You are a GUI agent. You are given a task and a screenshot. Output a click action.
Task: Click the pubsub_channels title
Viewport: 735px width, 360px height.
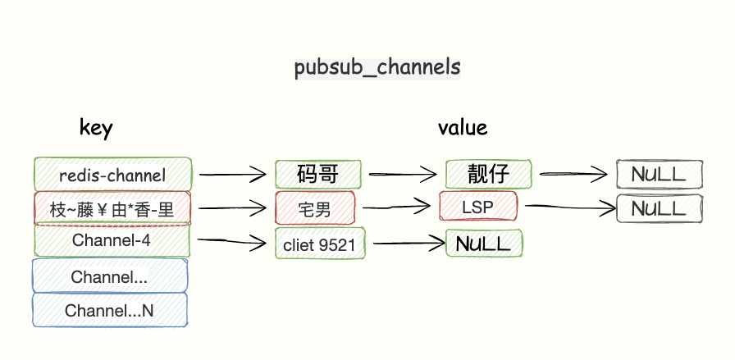(377, 68)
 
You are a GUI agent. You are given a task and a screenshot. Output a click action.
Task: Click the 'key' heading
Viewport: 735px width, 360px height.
(96, 127)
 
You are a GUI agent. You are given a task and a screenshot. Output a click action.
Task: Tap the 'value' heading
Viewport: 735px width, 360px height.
(462, 127)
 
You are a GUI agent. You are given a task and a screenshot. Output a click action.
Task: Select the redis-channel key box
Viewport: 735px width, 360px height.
(112, 175)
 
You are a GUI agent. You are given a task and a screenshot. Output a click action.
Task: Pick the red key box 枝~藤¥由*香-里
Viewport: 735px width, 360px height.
(112, 208)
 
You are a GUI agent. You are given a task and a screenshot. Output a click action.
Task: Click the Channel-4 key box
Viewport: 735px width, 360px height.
(112, 241)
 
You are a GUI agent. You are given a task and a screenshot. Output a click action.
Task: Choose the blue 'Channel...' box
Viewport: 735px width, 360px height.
(110, 276)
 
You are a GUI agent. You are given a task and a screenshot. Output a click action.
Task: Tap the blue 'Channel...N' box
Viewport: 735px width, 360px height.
(110, 311)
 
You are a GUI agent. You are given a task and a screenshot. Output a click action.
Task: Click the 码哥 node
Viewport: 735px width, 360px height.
(317, 174)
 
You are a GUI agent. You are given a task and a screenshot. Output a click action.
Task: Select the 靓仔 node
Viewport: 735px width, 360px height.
(489, 174)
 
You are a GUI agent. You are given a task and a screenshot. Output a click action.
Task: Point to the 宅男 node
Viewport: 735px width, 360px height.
(315, 209)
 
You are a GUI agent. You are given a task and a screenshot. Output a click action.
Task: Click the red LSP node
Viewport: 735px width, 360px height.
(478, 207)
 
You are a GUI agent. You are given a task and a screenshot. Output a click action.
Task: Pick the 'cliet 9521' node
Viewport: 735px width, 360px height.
(320, 244)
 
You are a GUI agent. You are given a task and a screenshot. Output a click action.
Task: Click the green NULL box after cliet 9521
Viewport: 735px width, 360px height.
(484, 244)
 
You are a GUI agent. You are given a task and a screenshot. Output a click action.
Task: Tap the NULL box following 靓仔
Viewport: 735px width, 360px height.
(660, 174)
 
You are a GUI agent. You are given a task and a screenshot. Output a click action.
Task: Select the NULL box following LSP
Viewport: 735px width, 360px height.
(660, 207)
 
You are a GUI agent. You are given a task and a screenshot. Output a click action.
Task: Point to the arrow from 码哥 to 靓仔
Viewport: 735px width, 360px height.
(402, 174)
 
